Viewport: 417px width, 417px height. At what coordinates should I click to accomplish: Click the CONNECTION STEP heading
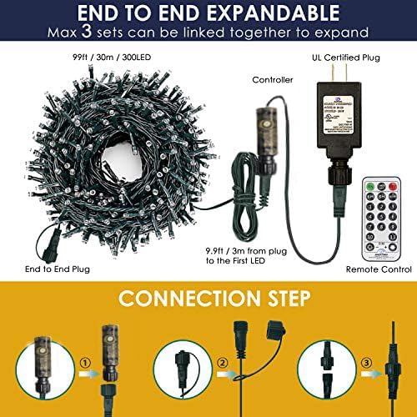pyautogui.click(x=208, y=298)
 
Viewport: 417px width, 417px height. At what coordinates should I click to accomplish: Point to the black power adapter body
pyautogui.click(x=338, y=126)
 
